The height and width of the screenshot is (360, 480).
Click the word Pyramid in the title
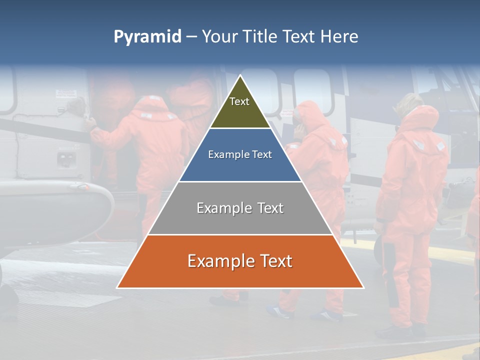tap(147, 37)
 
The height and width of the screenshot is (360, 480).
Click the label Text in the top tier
tap(239, 101)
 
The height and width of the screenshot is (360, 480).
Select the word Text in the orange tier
tap(274, 261)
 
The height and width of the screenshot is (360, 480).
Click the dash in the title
tap(191, 37)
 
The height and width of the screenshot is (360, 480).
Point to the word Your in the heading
tap(218, 37)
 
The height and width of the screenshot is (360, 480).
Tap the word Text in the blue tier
tap(262, 154)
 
